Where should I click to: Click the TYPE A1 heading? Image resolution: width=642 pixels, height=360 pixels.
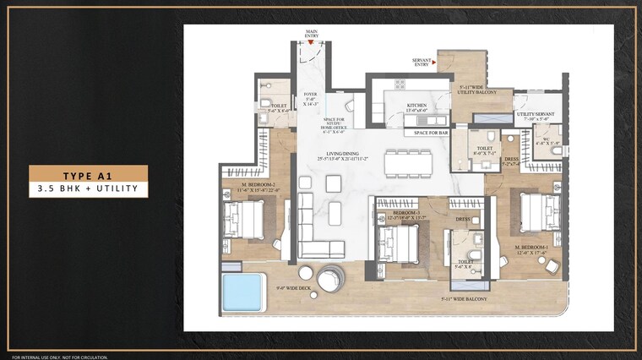coord(89,173)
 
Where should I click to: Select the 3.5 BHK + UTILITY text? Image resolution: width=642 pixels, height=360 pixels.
coord(89,189)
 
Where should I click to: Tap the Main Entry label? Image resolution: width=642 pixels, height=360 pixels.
coord(311,34)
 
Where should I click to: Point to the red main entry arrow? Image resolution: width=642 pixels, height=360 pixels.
coord(311,43)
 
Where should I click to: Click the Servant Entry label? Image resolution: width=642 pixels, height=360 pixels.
coord(422,62)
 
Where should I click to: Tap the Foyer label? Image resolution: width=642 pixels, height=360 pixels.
coord(310,99)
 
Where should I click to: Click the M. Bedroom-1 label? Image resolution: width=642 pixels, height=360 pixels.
coord(532,249)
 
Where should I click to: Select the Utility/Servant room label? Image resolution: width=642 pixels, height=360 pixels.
coord(535,116)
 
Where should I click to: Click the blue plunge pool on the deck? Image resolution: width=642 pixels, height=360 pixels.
coord(243,292)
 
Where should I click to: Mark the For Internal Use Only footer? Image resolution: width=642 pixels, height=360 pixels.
coord(59,356)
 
